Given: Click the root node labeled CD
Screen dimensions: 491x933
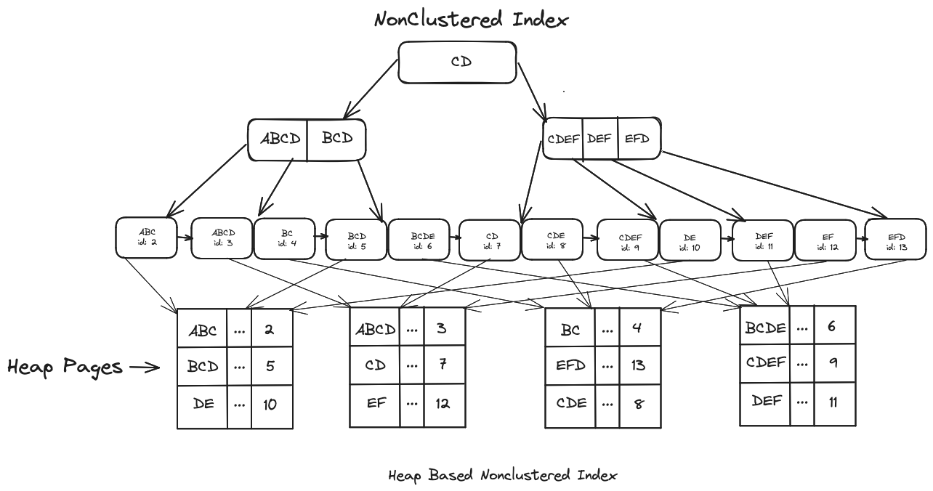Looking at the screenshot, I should point(457,62).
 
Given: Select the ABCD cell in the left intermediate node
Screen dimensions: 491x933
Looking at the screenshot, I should point(279,139).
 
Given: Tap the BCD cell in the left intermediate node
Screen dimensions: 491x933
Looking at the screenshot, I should point(336,139).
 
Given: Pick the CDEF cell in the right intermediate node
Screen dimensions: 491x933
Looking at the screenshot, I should point(563,138).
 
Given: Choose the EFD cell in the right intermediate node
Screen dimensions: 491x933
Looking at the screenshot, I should point(638,138).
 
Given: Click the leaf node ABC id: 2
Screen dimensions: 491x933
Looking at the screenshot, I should point(146,238).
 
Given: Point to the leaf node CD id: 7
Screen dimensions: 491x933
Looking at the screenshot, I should point(490,239).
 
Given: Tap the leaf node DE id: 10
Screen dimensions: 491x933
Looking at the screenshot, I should point(690,239).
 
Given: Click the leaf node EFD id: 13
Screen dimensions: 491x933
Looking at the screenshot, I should point(896,239).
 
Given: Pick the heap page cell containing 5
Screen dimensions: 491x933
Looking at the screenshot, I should point(271,367).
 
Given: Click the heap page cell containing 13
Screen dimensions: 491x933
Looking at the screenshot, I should point(639,365).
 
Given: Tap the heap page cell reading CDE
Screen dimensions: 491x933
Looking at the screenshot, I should point(570,403).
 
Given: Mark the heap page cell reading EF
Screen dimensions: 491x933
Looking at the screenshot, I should point(376,402).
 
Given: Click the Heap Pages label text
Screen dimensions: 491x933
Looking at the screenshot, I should point(65,367).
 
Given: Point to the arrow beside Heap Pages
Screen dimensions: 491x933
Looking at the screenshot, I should point(145,368).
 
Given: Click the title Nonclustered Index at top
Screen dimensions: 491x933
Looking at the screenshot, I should point(471,19).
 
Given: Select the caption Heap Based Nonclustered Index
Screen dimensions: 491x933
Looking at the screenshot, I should point(502,476).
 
